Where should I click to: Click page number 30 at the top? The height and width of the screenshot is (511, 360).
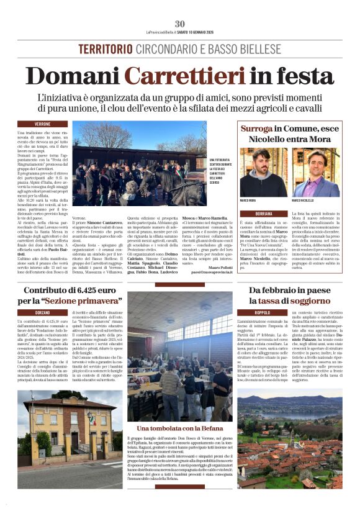pos(180,24)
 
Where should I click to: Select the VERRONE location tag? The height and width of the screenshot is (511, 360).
pos(43,124)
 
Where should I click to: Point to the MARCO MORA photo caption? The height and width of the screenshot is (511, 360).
pos(248,201)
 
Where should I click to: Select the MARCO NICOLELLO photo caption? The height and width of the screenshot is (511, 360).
pos(305,201)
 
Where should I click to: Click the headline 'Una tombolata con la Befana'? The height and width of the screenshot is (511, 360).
pos(179,429)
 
